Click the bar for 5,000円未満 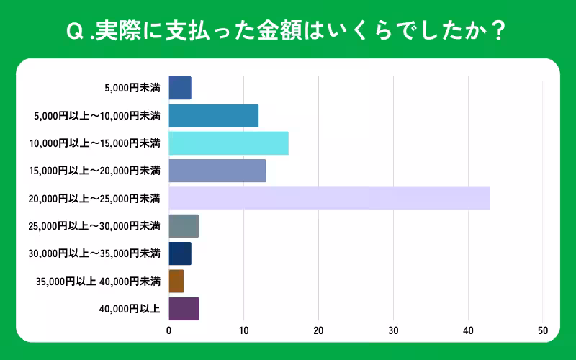(180, 88)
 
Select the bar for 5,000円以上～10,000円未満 (213, 115)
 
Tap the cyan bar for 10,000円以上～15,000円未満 (228, 143)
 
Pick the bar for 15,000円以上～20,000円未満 (217, 171)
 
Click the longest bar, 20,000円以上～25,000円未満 (329, 198)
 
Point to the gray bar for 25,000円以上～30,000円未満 (184, 226)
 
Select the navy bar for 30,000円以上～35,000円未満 (180, 253)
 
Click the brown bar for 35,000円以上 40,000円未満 (176, 281)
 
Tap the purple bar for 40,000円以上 (184, 308)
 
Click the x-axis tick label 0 (169, 331)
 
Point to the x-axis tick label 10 (243, 331)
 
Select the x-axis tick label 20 (318, 331)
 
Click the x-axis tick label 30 (393, 331)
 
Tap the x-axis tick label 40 (468, 331)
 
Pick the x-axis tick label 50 (543, 331)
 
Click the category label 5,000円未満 (132, 88)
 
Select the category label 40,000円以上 (130, 309)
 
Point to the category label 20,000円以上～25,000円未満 (94, 199)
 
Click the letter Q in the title (73, 32)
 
